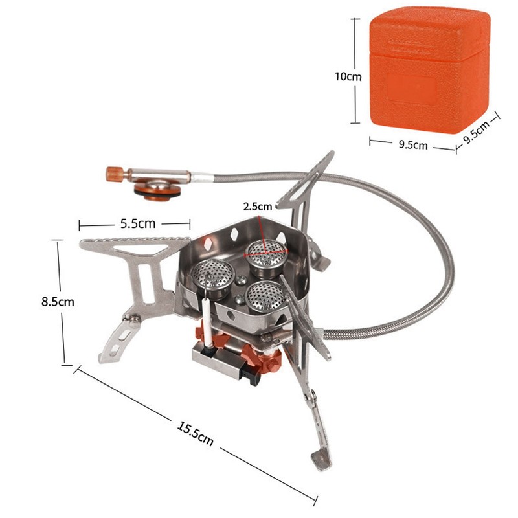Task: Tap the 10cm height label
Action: (348, 76)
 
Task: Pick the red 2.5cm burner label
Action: (257, 207)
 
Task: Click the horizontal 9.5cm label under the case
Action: (412, 145)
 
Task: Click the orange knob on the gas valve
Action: (114, 174)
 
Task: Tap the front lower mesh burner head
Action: (264, 297)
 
